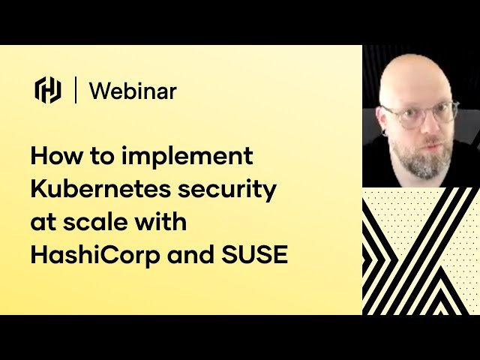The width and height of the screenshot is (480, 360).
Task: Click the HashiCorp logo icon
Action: (x=48, y=90)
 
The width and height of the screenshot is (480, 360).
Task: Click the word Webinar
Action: (x=133, y=91)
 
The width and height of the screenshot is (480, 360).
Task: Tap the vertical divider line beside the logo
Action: (x=76, y=90)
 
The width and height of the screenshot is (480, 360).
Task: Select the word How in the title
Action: (x=55, y=157)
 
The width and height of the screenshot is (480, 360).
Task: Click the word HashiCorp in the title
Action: (x=96, y=255)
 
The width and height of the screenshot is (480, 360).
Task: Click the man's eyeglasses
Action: (x=420, y=115)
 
